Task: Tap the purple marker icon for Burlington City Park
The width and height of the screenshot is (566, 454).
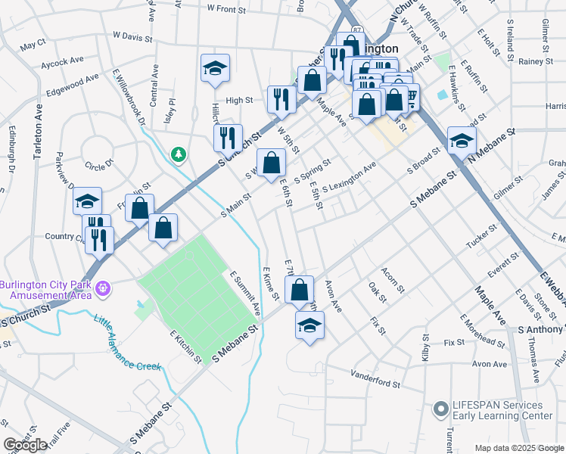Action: click(104, 288)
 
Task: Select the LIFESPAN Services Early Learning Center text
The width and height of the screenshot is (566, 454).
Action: click(502, 411)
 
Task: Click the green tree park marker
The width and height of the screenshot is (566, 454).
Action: click(179, 154)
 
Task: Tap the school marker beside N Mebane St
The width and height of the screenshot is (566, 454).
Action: click(462, 140)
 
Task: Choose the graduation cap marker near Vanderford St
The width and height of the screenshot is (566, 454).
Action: click(309, 325)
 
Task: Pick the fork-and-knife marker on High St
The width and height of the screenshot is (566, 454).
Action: click(281, 98)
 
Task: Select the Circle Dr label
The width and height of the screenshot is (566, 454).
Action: click(98, 163)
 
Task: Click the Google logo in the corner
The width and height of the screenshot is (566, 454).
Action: click(25, 446)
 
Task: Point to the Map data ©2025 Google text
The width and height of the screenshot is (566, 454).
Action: click(518, 448)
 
